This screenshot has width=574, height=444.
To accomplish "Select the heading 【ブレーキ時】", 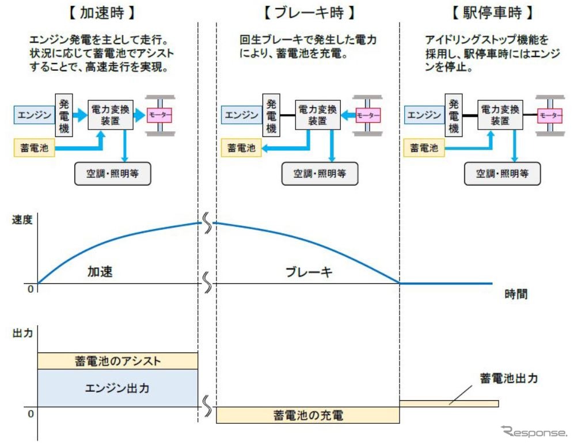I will coord(309,12).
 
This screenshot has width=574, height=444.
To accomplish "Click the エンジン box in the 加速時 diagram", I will coord(33,115).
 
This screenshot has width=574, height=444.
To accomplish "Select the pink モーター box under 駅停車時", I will coord(549,116).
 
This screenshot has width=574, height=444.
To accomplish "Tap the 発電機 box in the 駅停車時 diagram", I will coord(454,116).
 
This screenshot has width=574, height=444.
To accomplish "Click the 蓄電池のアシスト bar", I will coord(117,361).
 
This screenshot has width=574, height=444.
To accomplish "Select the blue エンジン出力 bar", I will coord(117,388).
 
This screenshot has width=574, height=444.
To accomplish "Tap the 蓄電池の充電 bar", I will coord(308,415).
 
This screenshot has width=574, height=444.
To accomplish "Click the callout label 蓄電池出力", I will coord(509,378).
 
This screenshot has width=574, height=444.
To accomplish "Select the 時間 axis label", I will coord(516,294).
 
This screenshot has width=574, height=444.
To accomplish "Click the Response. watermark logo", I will coord(534,431).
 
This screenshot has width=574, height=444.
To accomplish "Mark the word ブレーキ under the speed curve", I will coord(309,272).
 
